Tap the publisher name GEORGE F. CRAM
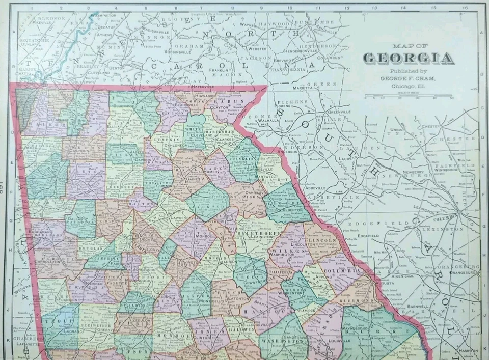[408, 78]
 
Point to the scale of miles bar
[408, 95]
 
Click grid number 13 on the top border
[374, 8]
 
